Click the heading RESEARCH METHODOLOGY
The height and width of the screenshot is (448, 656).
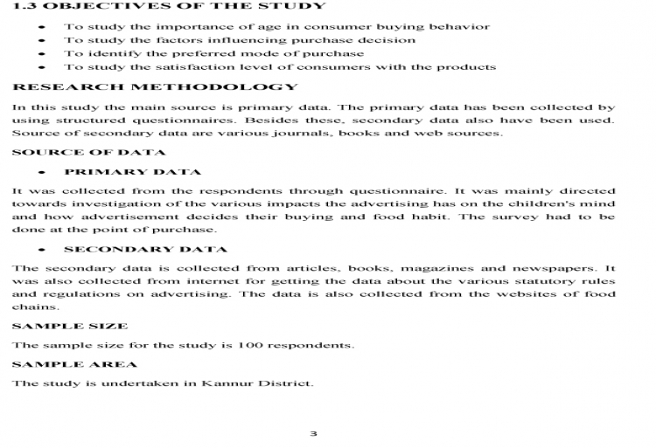pos(155,87)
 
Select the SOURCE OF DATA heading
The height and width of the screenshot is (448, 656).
pos(77,153)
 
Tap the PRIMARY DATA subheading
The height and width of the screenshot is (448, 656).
pos(132,172)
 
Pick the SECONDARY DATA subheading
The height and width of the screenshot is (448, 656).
pos(145,250)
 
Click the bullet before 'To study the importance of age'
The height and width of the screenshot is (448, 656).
pos(42,27)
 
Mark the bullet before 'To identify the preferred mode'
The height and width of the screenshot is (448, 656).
pos(42,53)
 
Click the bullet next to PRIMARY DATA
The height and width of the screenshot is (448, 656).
pos(42,172)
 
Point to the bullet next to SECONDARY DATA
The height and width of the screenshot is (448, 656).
pos(42,250)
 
